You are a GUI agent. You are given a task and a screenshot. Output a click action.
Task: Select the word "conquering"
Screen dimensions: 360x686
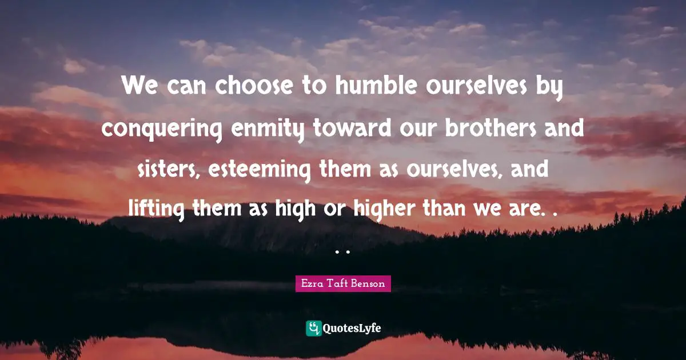point(163,129)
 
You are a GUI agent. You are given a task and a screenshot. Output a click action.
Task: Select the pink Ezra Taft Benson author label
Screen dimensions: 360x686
point(343,283)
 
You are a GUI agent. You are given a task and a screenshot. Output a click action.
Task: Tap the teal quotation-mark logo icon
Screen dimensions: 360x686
point(313,328)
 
